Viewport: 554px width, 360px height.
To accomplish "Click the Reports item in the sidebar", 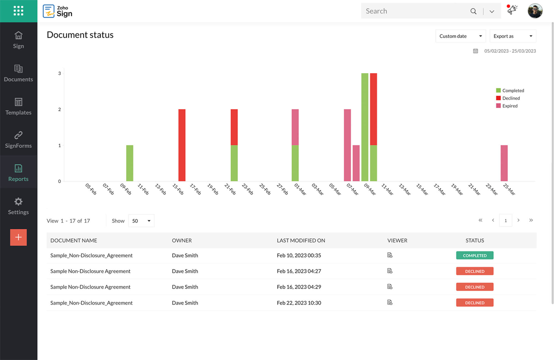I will tap(18, 172).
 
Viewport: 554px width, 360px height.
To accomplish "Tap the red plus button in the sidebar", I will tap(18, 237).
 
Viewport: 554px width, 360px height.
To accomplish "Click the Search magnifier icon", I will tap(473, 11).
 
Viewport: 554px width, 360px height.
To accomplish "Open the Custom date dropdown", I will tap(460, 36).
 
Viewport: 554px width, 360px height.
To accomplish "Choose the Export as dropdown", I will tap(513, 36).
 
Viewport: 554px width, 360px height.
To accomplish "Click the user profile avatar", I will tap(535, 11).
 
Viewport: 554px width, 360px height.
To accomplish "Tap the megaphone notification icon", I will tap(512, 10).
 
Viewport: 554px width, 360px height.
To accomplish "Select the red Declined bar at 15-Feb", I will tap(182, 145).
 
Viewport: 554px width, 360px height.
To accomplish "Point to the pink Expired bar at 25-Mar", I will tap(504, 163).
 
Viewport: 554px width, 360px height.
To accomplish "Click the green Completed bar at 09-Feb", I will tap(130, 163).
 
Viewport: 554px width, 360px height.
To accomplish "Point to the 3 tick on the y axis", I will tap(60, 73).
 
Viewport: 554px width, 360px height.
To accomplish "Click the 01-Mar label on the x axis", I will tap(300, 189).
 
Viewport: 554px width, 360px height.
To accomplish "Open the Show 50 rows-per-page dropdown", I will tap(141, 221).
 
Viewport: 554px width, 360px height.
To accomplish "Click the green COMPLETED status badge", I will tap(475, 255).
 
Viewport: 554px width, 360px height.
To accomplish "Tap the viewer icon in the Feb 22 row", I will tap(390, 302).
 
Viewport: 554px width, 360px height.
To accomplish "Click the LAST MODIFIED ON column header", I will tap(301, 240).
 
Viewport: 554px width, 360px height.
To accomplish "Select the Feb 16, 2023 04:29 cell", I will tap(299, 287).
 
